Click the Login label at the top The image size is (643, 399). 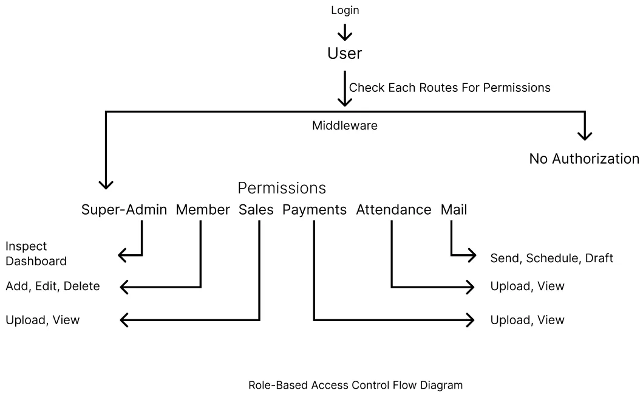click(344, 10)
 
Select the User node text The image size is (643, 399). click(344, 54)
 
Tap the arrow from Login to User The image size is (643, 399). click(344, 32)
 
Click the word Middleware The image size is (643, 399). click(344, 126)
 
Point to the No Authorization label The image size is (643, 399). click(584, 159)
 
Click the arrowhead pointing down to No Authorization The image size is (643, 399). click(585, 135)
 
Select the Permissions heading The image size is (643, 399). click(281, 187)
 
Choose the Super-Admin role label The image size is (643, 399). click(124, 210)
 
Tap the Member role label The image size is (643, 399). click(203, 210)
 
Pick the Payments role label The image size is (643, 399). click(314, 210)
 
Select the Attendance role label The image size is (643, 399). click(393, 210)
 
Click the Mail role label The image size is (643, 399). click(454, 210)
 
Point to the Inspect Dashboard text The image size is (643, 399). click(36, 254)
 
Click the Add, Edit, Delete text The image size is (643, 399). click(52, 286)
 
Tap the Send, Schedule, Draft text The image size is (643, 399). click(551, 258)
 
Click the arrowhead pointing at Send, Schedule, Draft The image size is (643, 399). click(471, 255)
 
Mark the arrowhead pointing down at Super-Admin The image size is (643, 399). click(106, 183)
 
